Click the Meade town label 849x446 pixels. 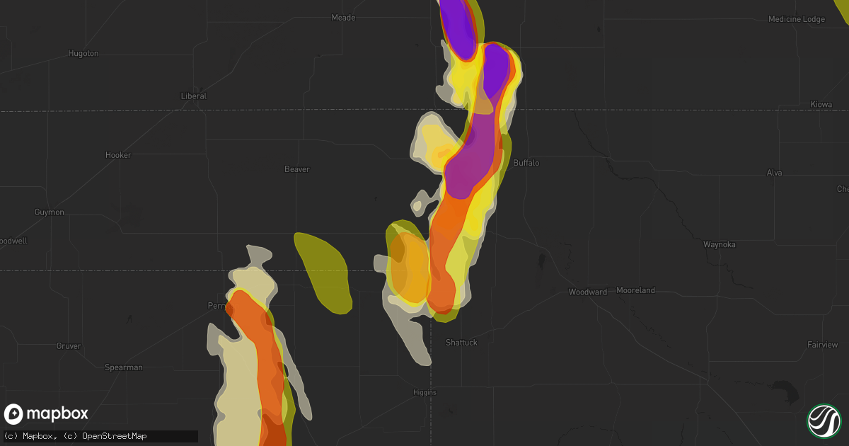[343, 18]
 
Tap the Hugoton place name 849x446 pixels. [83, 53]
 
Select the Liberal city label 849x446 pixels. [193, 96]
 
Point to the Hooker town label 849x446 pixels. [118, 155]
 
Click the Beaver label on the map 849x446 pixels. [297, 169]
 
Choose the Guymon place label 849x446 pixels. [49, 212]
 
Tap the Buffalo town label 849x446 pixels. [526, 163]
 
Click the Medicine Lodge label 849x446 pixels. [797, 19]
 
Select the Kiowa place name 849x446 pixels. [821, 104]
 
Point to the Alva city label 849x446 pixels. [775, 173]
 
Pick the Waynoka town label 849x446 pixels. [720, 245]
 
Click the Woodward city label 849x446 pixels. [588, 292]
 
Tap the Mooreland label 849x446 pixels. [635, 290]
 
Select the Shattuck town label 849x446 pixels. [461, 343]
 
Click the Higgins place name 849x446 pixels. [425, 392]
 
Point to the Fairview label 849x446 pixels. [823, 345]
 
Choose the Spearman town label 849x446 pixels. [124, 367]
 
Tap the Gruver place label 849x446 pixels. [69, 346]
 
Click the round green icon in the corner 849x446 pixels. [824, 420]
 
